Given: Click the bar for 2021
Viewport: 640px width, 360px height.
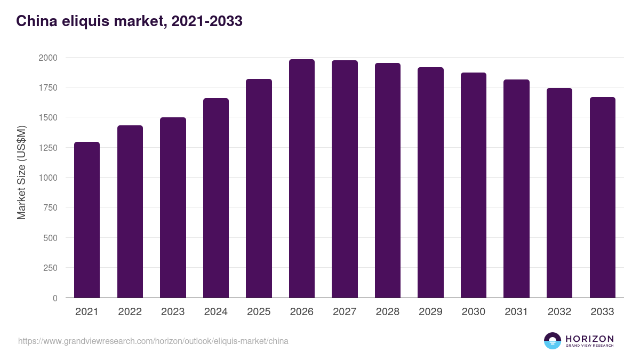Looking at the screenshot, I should [87, 220].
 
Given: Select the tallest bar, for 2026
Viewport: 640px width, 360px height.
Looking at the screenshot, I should [302, 179].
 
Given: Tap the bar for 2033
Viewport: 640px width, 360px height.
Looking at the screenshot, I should [602, 197].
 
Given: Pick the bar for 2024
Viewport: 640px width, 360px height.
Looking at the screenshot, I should [216, 198].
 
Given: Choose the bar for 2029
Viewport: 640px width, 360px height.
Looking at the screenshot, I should [430, 182].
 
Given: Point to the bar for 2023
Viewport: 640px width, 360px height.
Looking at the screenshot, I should [173, 207].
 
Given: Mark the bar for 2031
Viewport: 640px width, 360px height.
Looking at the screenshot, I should [516, 189].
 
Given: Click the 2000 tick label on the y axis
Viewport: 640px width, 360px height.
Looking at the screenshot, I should [48, 58].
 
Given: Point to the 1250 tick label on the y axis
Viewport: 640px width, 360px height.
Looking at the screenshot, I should [48, 148].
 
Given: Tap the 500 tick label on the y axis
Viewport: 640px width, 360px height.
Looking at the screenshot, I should [50, 238].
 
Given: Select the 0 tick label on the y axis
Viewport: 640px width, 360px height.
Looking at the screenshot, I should [55, 298].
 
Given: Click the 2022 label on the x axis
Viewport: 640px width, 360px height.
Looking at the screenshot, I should [130, 312].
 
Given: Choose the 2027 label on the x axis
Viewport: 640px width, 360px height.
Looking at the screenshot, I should [345, 312].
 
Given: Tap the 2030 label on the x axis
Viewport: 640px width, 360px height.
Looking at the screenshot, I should [474, 312].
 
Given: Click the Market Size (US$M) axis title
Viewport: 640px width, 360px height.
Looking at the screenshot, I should [21, 172].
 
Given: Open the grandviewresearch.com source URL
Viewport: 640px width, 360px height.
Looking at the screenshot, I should [153, 341].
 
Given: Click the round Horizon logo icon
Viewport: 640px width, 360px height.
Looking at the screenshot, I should [553, 341].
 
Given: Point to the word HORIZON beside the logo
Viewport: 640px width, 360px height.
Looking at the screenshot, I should [589, 339].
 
